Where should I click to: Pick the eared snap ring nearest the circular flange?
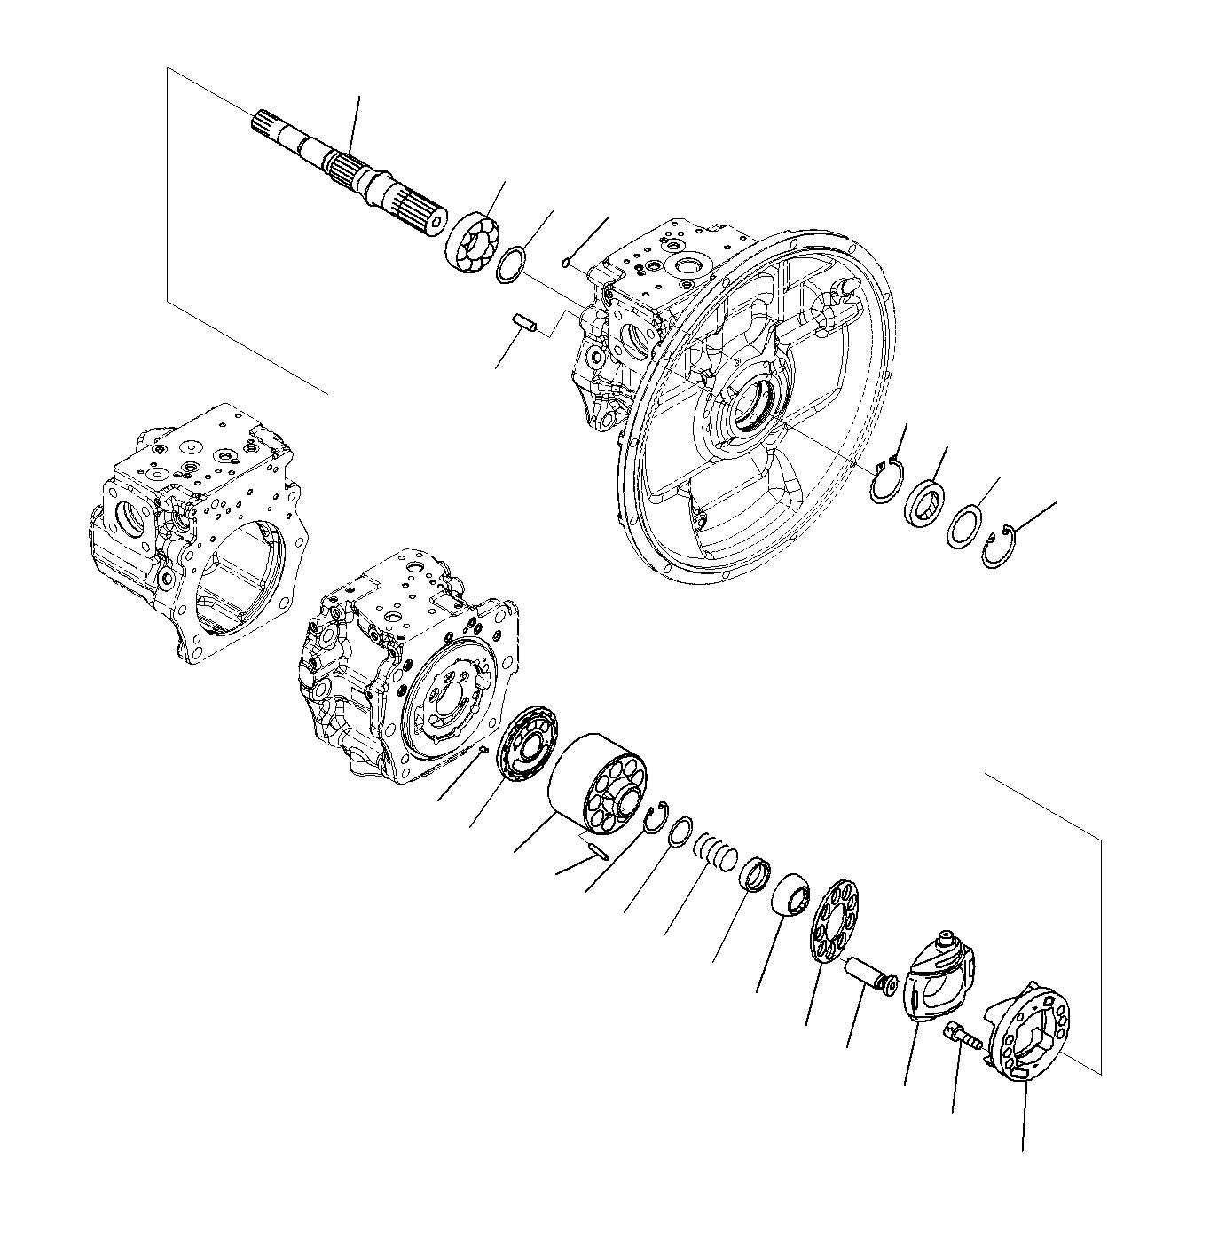[x=884, y=480]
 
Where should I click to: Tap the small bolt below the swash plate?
[x=962, y=1037]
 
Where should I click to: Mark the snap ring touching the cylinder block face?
[x=657, y=816]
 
